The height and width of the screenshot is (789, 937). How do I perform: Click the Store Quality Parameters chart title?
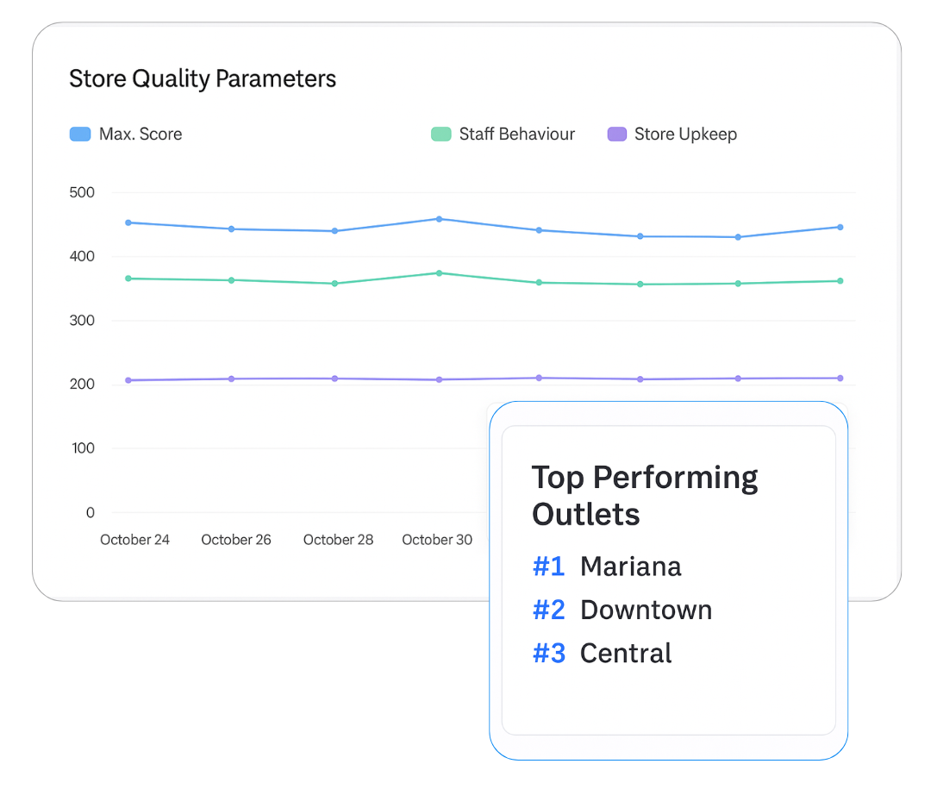(203, 79)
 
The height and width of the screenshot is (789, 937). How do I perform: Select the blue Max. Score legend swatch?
(80, 135)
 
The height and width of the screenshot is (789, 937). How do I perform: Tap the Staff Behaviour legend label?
(516, 135)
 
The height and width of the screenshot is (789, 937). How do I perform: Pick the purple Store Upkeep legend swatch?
(616, 135)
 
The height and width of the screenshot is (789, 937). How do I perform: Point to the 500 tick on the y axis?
(82, 192)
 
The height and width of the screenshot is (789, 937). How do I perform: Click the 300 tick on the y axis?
(82, 320)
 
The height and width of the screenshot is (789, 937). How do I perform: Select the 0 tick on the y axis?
(91, 513)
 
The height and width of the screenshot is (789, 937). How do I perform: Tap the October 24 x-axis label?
(134, 540)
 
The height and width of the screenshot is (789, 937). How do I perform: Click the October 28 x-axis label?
(338, 540)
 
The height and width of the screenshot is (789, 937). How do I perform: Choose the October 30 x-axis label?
(437, 540)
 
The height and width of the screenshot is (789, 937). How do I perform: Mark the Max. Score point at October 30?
(439, 219)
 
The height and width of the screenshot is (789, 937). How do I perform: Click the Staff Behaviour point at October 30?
(439, 273)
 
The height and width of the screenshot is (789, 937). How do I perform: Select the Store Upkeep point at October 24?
(128, 380)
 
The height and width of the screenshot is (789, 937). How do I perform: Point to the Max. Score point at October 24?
(128, 222)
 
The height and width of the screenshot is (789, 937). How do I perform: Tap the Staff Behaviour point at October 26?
(232, 280)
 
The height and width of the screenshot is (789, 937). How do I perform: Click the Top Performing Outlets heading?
(645, 496)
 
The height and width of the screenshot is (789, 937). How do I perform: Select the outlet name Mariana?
(630, 567)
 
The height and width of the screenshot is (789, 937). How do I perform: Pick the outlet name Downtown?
(646, 610)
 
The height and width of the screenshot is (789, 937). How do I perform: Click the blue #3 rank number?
(549, 654)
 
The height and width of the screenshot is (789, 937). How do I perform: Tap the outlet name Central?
(626, 654)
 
